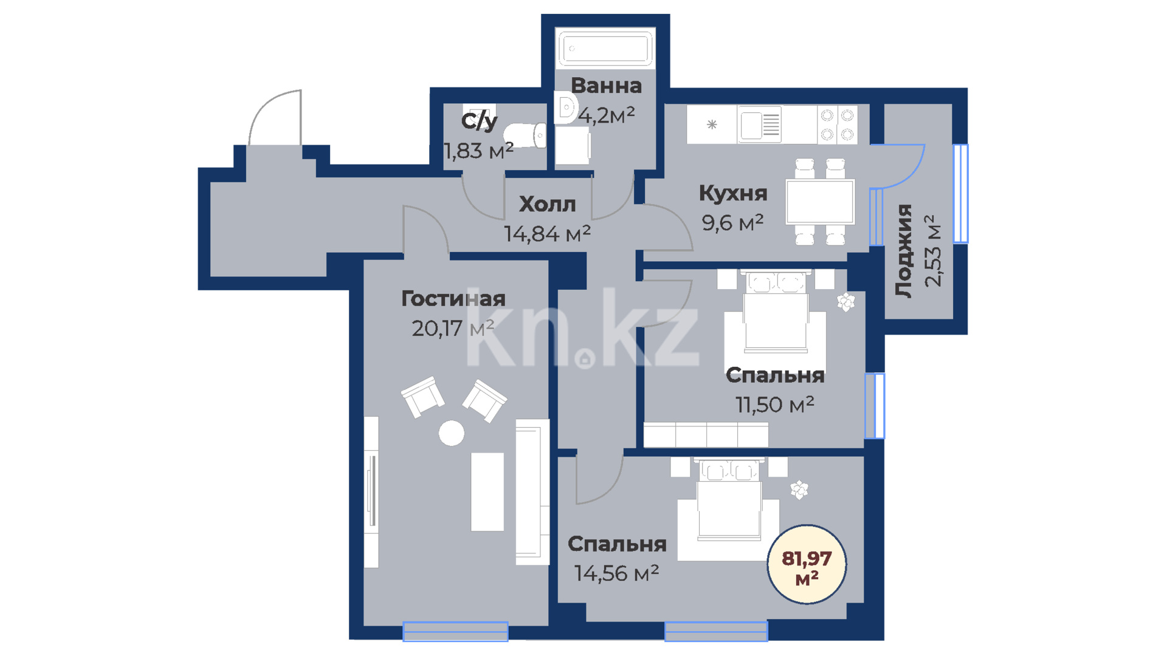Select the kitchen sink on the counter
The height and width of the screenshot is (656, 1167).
760,125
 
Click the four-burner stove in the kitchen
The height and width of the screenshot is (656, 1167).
837,125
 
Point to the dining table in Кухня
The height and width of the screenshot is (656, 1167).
820,201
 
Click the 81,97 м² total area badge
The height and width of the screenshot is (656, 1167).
807,564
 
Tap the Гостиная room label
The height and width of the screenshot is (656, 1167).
453,299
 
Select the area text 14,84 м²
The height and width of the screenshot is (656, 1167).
547,233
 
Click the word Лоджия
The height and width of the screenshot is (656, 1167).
904,250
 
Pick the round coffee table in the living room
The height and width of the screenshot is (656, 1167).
452,433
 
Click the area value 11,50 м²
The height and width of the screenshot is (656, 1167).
775,405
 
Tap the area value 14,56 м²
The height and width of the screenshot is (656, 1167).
616,573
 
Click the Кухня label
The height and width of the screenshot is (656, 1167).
733,193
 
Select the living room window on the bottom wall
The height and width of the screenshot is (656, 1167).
455,631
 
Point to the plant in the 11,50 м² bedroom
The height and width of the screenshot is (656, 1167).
845,302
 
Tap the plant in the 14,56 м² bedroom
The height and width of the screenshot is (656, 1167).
799,490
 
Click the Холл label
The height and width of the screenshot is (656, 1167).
547,205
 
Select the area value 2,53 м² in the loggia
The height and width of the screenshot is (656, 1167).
932,250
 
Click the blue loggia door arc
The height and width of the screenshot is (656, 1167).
912,173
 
